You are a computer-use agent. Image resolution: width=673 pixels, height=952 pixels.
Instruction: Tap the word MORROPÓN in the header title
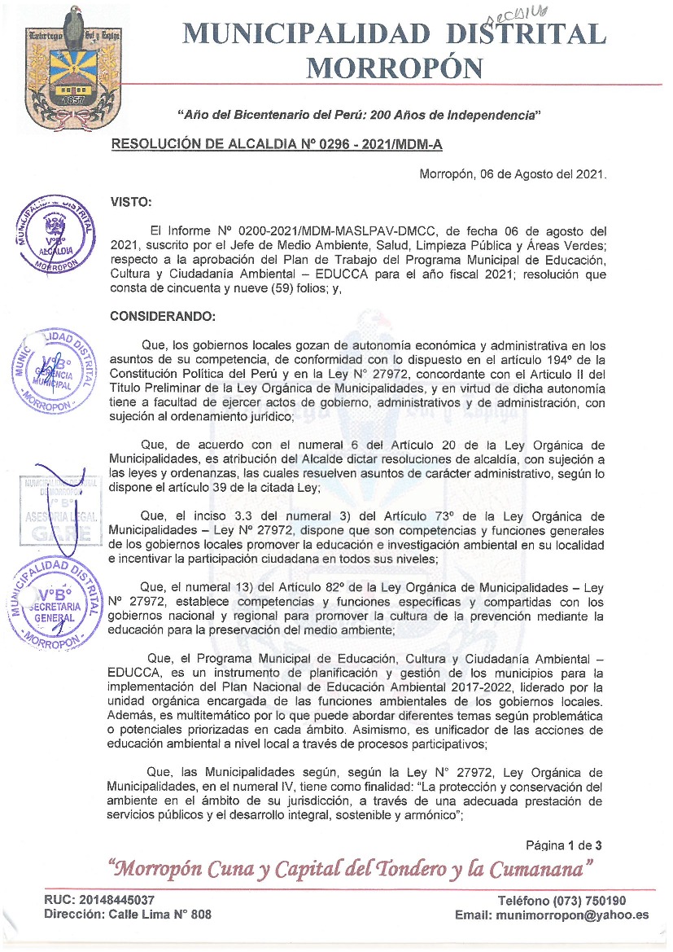tap(395, 67)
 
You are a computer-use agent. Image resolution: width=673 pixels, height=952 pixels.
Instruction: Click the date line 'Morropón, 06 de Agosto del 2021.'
tap(513, 174)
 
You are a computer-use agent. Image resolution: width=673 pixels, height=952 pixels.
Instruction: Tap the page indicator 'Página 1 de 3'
tap(563, 845)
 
